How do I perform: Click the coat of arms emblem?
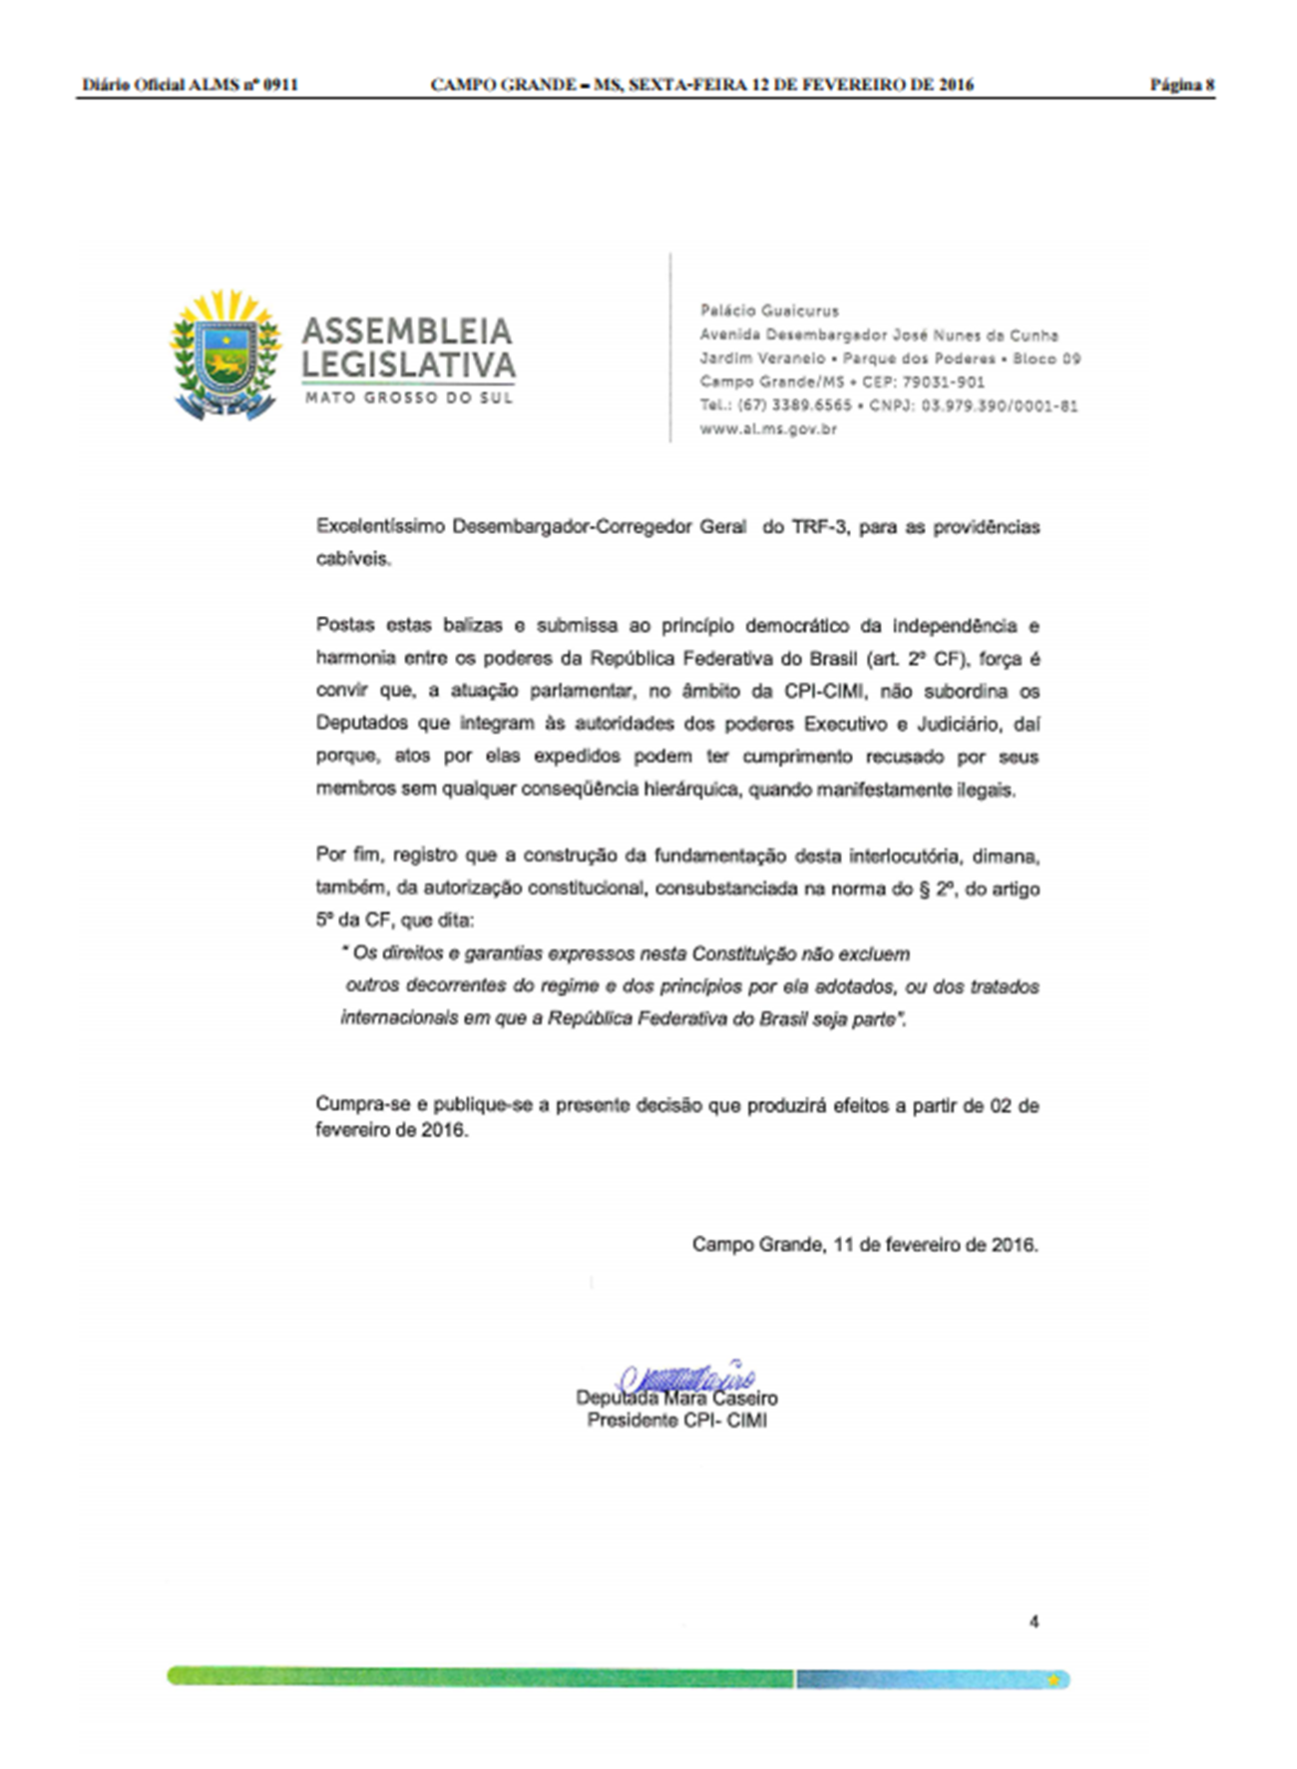click(225, 355)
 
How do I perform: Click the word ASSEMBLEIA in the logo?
click(407, 331)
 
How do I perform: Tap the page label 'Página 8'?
click(1181, 85)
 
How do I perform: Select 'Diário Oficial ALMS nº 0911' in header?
click(190, 85)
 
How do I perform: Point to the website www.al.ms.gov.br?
click(768, 429)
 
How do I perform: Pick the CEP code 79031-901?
click(943, 381)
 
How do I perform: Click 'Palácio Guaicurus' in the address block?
click(769, 310)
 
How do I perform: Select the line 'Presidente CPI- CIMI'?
click(676, 1421)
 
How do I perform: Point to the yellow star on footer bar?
click(1053, 1680)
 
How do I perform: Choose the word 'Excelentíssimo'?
click(380, 527)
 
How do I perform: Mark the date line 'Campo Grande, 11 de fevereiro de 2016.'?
click(865, 1245)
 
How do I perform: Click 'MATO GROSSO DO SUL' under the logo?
click(409, 398)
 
